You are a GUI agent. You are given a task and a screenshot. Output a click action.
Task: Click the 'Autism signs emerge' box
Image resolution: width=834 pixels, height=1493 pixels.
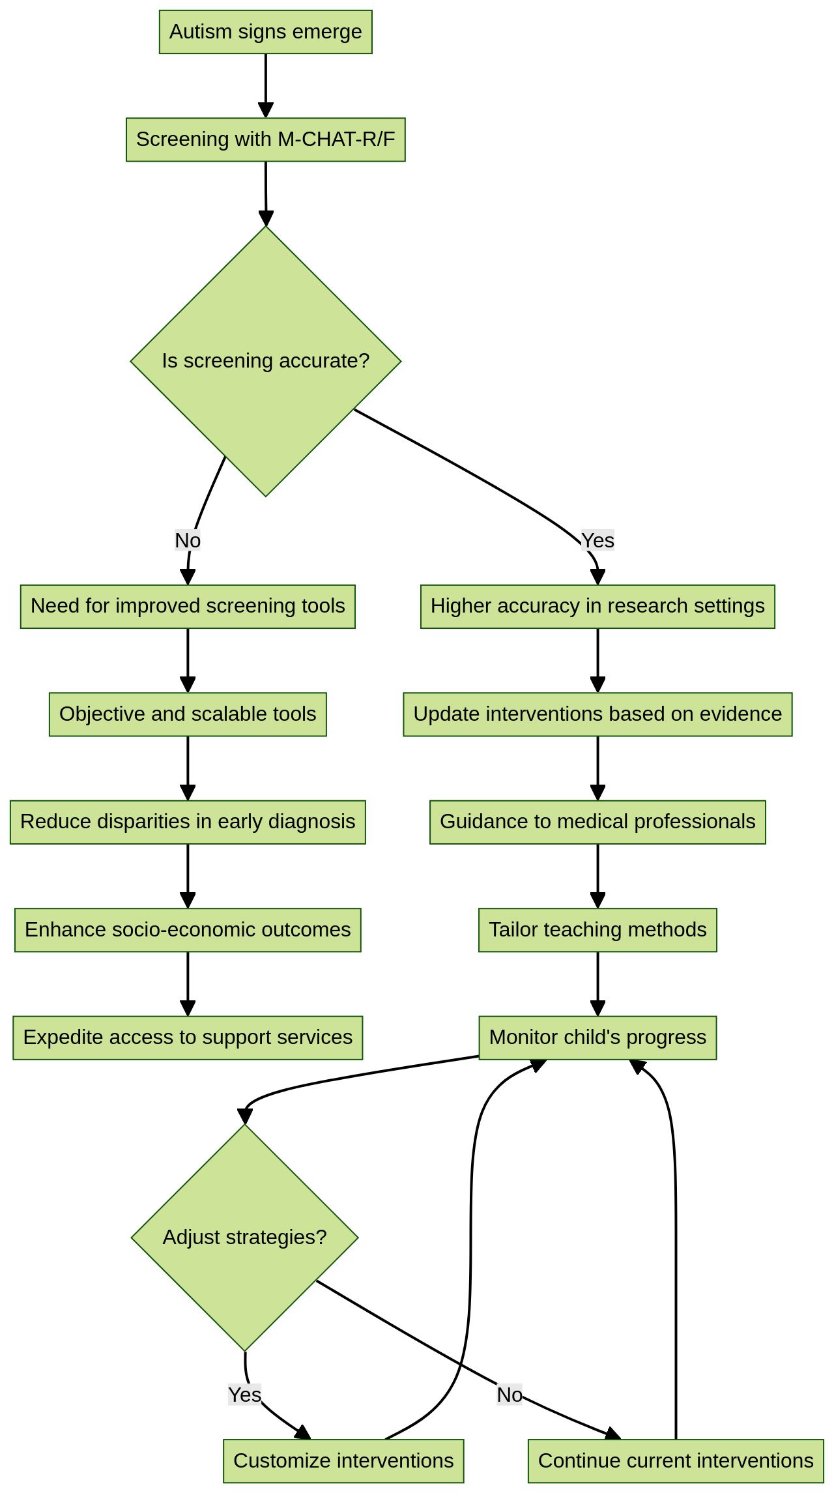[265, 32]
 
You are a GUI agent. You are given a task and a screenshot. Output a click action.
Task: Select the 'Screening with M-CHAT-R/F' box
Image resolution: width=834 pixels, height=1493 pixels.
[265, 139]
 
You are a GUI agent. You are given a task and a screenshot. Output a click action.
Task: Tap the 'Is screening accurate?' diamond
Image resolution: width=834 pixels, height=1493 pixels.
[265, 361]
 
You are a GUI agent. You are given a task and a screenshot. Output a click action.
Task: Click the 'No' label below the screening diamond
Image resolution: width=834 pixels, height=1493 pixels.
[188, 540]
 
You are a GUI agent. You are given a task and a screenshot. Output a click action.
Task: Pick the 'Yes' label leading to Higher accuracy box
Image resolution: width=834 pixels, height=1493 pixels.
[597, 540]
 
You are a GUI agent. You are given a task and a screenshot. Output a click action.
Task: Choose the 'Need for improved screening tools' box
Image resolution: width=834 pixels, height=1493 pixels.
[188, 606]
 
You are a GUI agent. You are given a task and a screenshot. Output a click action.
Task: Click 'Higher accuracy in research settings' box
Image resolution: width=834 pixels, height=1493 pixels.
[597, 606]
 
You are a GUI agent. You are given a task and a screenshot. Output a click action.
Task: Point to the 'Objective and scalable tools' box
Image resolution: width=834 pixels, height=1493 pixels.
[188, 714]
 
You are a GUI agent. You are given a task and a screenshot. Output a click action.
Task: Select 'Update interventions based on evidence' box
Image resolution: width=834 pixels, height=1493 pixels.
[597, 714]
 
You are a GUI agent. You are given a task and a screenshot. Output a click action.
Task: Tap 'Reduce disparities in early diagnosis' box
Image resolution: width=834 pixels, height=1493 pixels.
[188, 822]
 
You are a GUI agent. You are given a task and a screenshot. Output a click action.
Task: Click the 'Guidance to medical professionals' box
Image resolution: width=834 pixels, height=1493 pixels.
[597, 822]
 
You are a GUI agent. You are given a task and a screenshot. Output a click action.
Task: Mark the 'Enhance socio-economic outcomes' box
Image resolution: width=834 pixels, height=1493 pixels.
[188, 930]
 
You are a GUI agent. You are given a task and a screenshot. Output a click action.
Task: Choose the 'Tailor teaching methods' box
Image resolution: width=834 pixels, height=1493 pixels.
[597, 930]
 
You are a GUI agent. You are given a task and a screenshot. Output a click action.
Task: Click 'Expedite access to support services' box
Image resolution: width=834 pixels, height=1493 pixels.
[188, 1037]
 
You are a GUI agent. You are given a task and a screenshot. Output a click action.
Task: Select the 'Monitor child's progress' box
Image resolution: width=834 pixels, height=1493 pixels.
[597, 1037]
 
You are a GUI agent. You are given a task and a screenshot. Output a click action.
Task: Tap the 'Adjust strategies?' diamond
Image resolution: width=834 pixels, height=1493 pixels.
[244, 1237]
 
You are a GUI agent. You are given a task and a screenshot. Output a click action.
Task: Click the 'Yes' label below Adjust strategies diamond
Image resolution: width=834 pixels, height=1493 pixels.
[244, 1395]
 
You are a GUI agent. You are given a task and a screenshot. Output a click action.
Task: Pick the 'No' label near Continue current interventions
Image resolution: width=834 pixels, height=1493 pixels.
[510, 1395]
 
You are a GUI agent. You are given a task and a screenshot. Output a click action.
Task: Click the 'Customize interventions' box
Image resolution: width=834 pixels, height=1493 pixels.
[343, 1461]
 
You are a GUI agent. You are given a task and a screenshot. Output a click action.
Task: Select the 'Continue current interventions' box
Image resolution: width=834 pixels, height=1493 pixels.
[676, 1461]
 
